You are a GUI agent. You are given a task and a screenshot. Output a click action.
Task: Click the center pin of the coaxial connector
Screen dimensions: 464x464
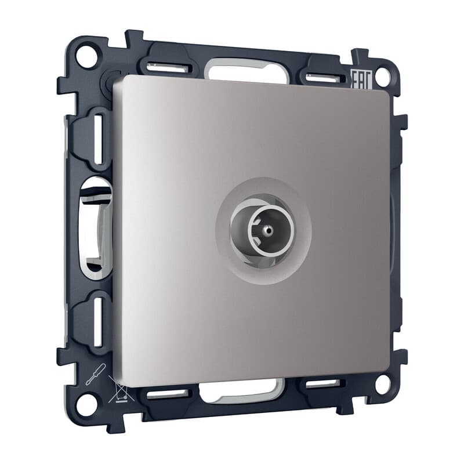point(268,229)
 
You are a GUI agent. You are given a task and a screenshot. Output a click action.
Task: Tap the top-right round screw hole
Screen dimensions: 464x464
point(383,77)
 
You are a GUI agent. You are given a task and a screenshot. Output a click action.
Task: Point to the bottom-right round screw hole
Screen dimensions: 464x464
point(383,384)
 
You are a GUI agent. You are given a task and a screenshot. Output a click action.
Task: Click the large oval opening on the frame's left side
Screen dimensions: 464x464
point(95,229)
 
